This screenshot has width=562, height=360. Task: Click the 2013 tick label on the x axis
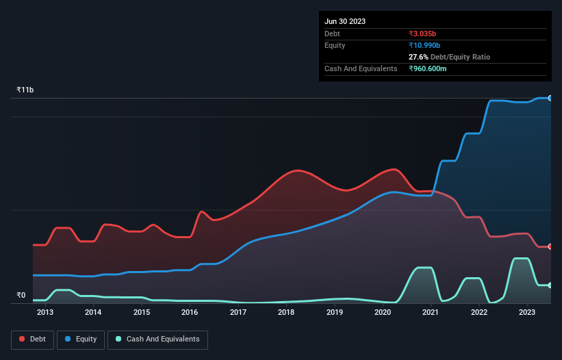tap(45, 313)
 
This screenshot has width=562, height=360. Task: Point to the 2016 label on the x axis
tap(190, 313)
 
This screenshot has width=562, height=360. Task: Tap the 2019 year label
tap(334, 313)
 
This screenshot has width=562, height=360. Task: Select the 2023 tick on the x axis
tap(527, 313)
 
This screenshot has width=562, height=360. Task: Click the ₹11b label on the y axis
tap(25, 90)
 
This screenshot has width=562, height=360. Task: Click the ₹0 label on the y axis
tap(21, 296)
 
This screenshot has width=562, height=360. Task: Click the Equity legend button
tap(81, 339)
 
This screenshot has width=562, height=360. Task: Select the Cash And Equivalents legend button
tap(157, 339)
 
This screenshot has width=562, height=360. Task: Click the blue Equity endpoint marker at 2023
tap(550, 98)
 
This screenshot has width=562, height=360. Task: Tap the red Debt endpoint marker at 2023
tap(550, 246)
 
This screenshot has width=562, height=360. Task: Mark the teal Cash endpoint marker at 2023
tap(550, 285)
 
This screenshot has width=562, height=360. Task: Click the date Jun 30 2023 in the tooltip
tap(345, 21)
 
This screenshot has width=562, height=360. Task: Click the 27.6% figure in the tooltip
tap(419, 57)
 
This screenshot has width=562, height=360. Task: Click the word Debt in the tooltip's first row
tap(332, 34)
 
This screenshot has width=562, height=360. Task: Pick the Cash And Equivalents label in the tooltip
tap(361, 68)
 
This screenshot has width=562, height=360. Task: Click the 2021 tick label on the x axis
tap(431, 313)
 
